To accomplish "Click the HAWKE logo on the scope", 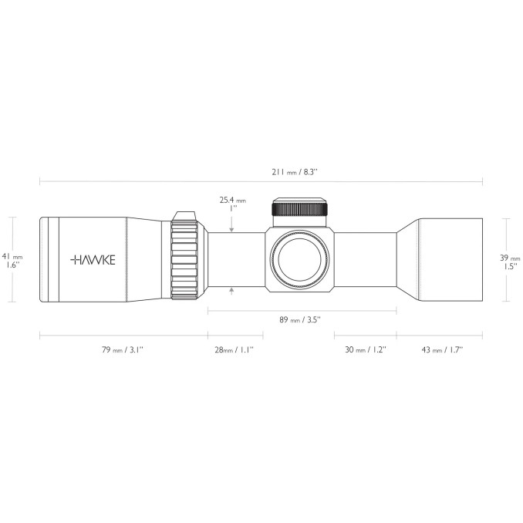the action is pos(93,260).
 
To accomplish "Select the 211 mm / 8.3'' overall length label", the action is pos(295,172).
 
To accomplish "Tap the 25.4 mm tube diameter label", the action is pos(233,200).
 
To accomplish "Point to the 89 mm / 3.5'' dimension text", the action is pos(300,320).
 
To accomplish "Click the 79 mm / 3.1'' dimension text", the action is pos(123,350).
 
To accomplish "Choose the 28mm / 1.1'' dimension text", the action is pos(235,350).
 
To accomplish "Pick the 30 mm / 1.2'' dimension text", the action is pos(366,350).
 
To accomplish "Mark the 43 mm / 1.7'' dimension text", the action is pos(442,350).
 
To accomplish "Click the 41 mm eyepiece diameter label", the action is pos(12,257).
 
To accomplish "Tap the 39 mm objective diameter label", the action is pos(510,258).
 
